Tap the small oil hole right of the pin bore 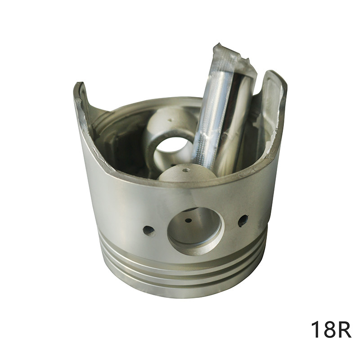243,220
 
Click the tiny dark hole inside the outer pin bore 188,221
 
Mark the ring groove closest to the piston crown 182,284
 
